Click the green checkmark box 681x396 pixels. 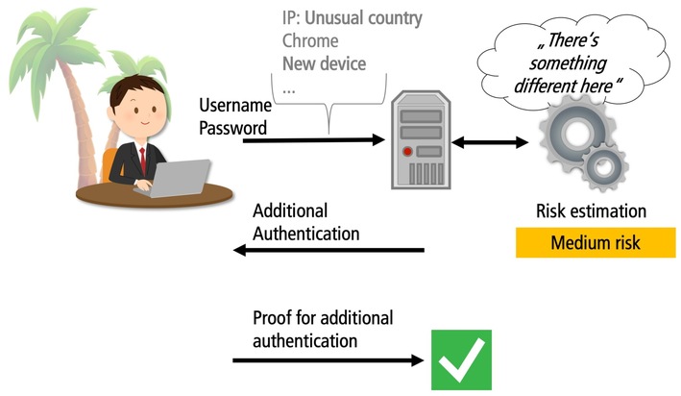point(460,360)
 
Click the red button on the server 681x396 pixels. point(407,152)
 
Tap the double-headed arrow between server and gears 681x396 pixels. point(490,142)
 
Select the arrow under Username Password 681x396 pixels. point(312,140)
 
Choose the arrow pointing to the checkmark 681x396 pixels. point(328,360)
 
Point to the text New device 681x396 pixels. point(324,63)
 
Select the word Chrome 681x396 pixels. point(309,41)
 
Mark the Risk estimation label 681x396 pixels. point(591,210)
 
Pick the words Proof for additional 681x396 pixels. point(323,318)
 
